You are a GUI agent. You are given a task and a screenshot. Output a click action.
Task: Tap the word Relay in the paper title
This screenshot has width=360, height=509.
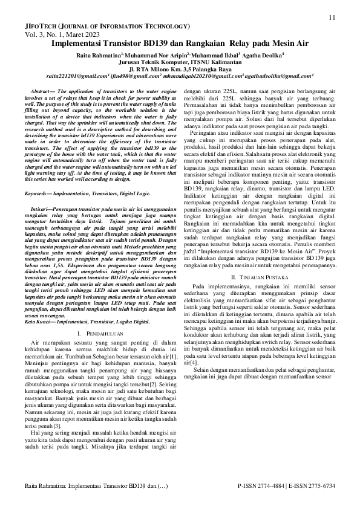[x=241, y=44]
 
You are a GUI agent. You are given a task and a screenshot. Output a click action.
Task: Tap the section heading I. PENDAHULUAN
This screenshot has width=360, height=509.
[x=99, y=334]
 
